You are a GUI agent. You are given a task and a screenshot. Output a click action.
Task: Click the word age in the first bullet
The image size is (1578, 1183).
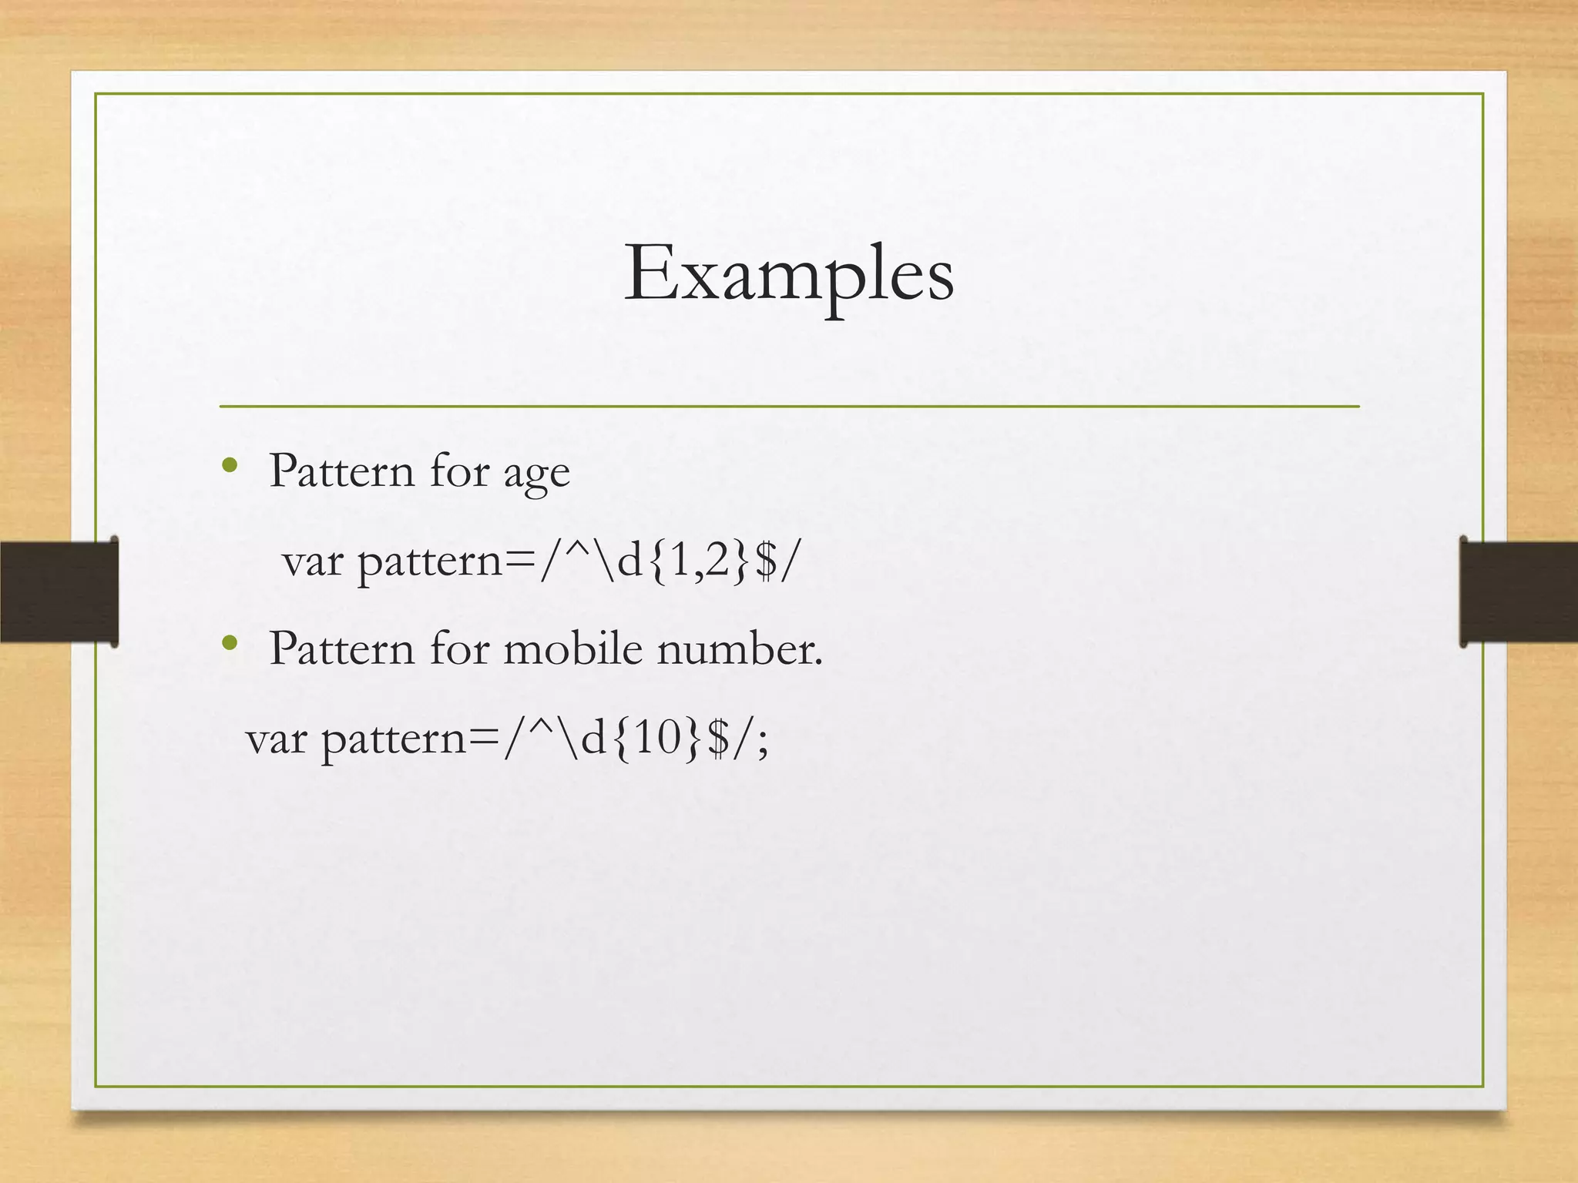tap(536, 473)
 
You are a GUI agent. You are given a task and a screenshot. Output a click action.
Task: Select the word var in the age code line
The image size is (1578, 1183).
tap(312, 561)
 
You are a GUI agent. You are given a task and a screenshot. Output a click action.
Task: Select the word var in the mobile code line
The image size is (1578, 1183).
tap(276, 739)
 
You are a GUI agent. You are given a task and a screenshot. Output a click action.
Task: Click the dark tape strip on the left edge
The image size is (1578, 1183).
tap(59, 591)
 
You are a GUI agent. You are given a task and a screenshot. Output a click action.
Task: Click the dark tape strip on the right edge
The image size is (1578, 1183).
tap(1518, 591)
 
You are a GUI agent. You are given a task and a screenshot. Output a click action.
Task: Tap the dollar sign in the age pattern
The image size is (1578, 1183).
tap(766, 560)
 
